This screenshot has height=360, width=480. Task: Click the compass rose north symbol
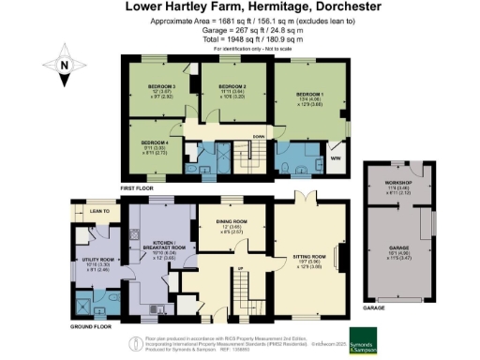click(63, 67)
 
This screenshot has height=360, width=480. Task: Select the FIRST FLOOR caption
click(137, 188)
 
